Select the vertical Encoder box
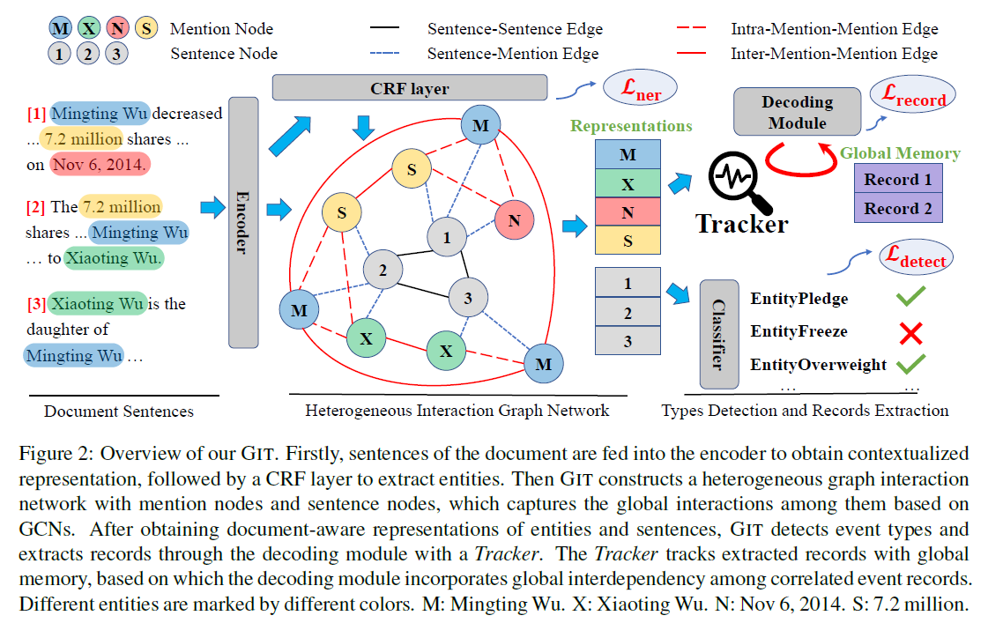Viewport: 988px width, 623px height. (x=243, y=222)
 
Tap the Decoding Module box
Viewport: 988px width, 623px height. (x=797, y=113)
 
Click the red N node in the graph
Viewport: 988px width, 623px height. (x=516, y=220)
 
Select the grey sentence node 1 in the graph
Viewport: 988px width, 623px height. (x=447, y=237)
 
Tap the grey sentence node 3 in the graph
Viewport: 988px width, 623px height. (x=468, y=298)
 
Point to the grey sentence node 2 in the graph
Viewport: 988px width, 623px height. (x=383, y=271)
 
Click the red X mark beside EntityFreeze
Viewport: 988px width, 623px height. (x=910, y=333)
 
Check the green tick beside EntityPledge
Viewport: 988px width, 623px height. (x=910, y=298)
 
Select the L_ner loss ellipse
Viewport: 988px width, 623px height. (x=638, y=88)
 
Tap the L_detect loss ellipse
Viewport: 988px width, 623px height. (x=916, y=258)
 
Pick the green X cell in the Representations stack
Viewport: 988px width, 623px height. (x=628, y=183)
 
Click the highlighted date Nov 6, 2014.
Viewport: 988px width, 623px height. (x=100, y=165)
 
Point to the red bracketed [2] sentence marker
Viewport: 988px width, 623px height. (x=36, y=208)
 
